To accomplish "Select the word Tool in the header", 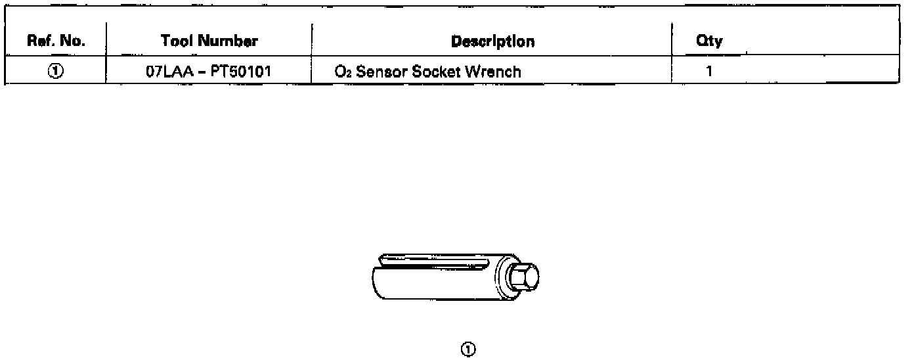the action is coord(177,41).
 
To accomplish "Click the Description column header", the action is coord(492,41).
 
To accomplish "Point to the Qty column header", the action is coord(709,41).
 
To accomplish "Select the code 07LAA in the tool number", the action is coord(169,71).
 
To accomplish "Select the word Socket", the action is coord(437,71).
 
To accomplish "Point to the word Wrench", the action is coord(493,71).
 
